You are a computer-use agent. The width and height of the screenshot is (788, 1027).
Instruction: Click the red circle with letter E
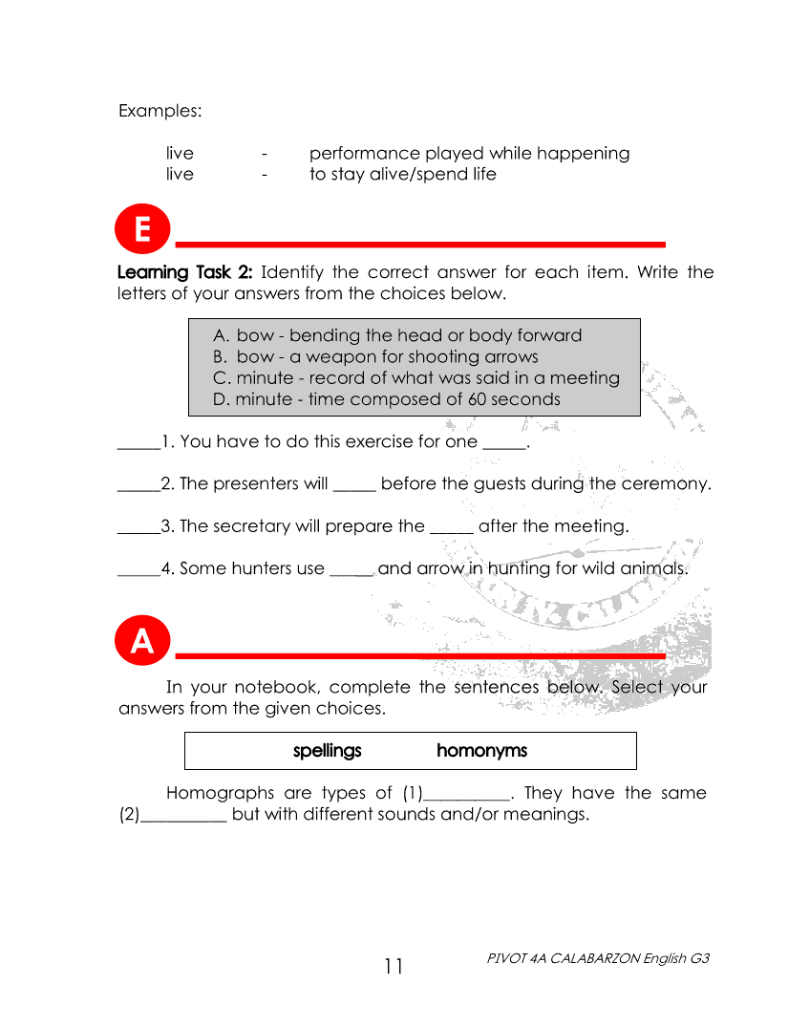click(142, 231)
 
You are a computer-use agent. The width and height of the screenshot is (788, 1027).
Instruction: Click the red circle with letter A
click(142, 642)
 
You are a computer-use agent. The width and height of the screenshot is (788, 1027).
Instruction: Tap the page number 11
click(394, 967)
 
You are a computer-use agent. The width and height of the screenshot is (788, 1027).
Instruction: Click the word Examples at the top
click(160, 111)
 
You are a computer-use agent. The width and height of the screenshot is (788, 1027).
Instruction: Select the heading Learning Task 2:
click(184, 272)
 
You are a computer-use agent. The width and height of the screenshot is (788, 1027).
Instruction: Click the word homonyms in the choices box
click(481, 751)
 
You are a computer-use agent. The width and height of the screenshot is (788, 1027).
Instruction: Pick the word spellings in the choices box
click(327, 751)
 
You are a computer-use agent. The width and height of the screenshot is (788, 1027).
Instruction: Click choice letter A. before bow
click(222, 335)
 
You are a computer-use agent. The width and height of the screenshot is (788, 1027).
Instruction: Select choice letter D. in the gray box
click(222, 399)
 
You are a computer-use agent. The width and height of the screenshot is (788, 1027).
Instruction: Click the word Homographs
click(220, 793)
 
